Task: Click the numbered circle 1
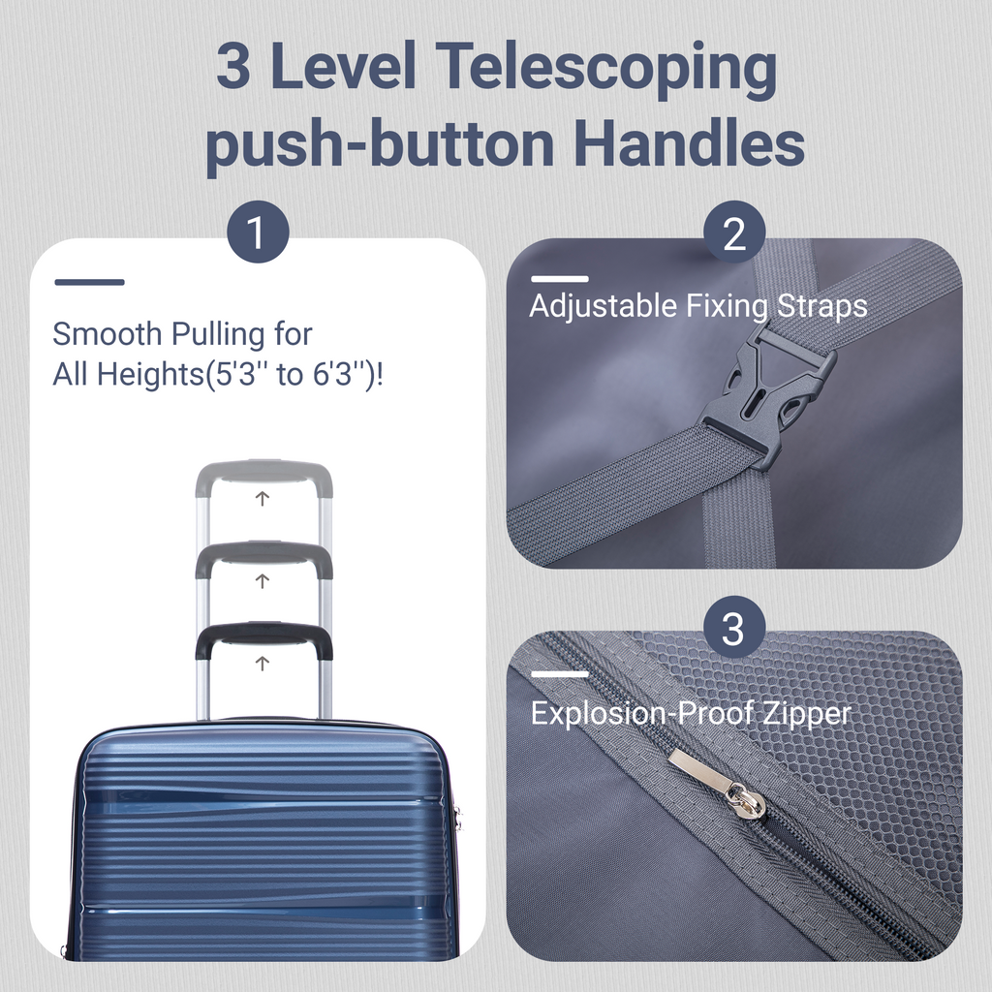pyautogui.click(x=258, y=232)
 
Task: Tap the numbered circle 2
pyautogui.click(x=734, y=232)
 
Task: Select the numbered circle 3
pyautogui.click(x=734, y=627)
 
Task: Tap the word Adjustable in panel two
pyautogui.click(x=603, y=307)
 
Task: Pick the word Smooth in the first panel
pyautogui.click(x=107, y=334)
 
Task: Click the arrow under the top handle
pyautogui.click(x=262, y=499)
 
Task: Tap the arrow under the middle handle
pyautogui.click(x=262, y=580)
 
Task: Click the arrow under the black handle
pyautogui.click(x=262, y=663)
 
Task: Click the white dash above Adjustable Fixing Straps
pyautogui.click(x=560, y=279)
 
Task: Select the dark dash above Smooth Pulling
pyautogui.click(x=89, y=282)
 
